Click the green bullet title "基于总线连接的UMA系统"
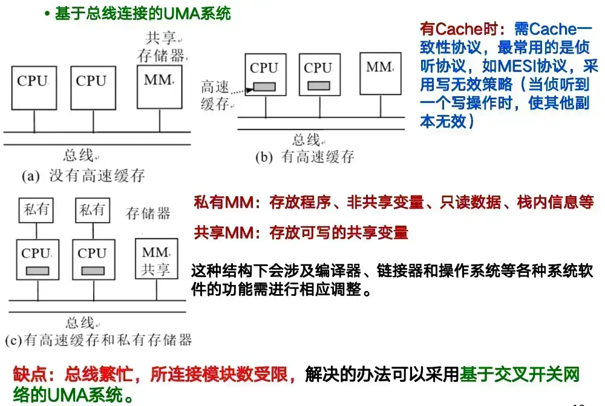coord(143,14)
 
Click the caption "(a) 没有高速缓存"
coord(83,176)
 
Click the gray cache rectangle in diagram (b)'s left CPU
coord(264,87)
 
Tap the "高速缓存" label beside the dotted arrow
coord(215,96)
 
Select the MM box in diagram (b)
coord(379,73)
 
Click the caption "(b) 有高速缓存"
coord(304,157)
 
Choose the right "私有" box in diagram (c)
coord(93,211)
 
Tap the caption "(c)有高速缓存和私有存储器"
coord(98,339)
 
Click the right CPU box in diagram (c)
coord(93,260)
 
